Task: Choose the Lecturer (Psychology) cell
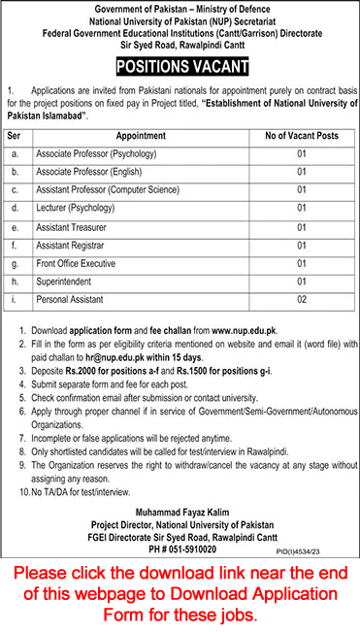[76, 207]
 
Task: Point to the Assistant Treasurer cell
[72, 225]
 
